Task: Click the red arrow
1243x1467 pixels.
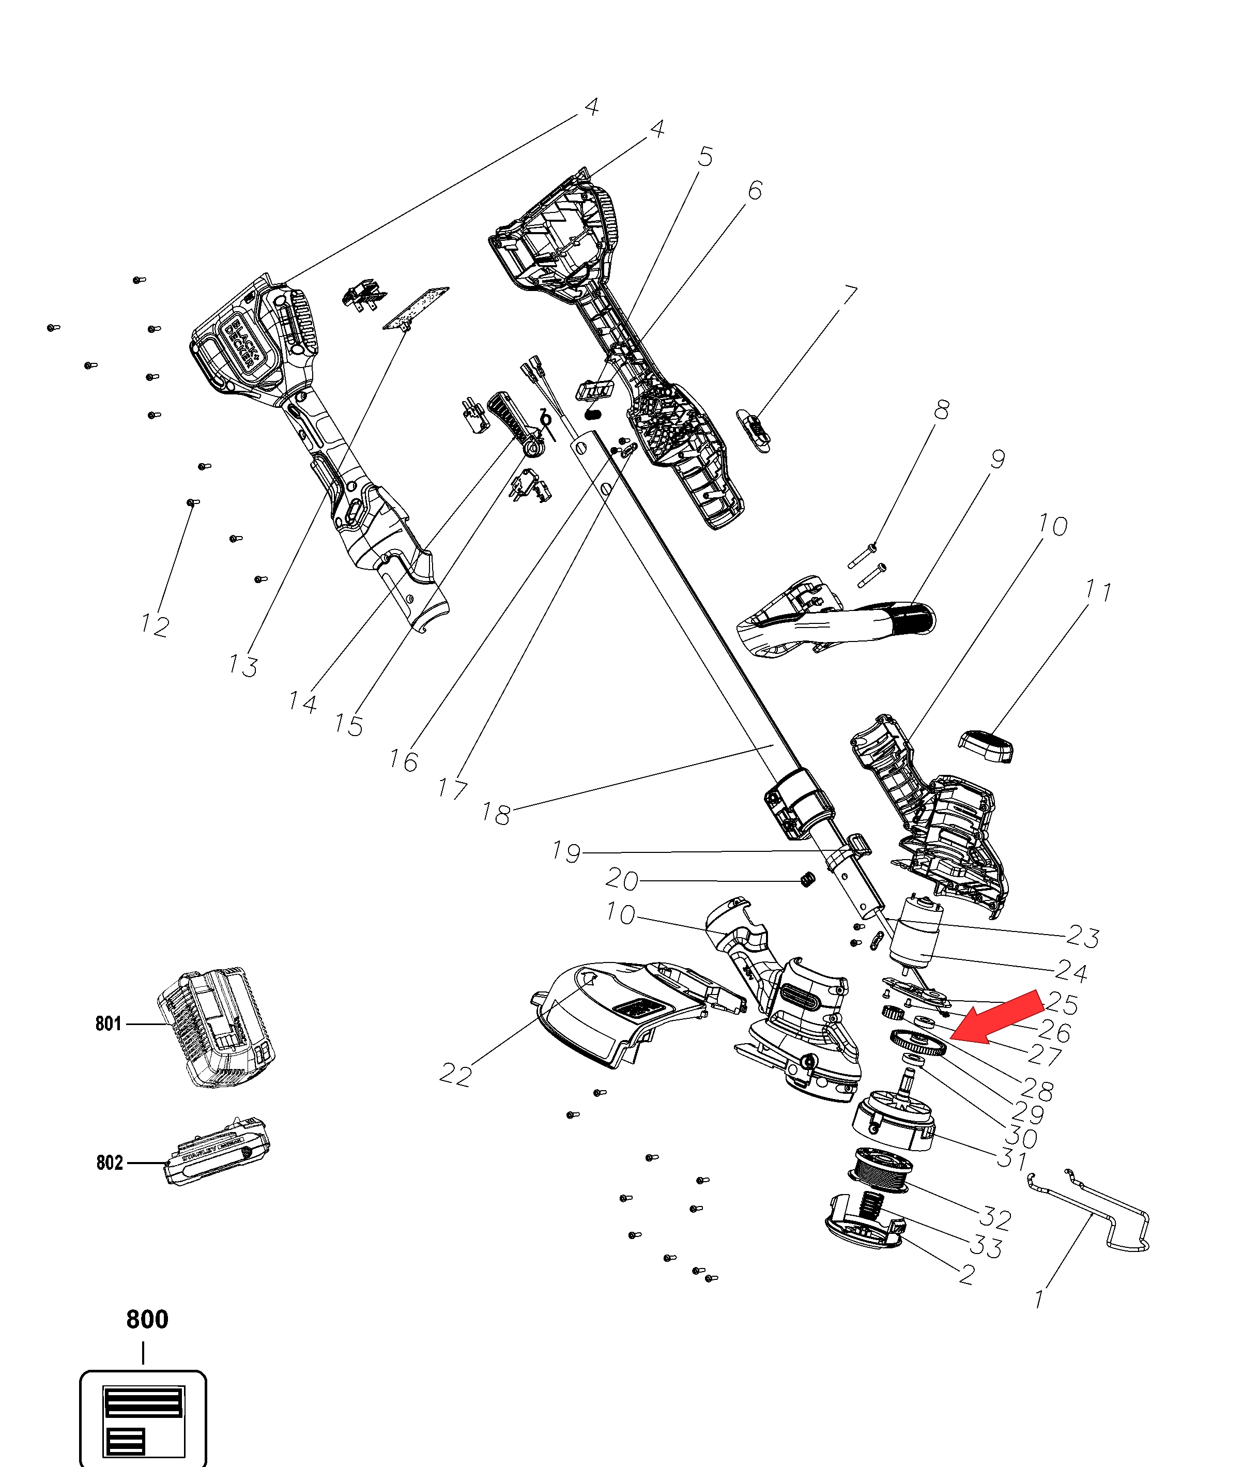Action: (995, 1016)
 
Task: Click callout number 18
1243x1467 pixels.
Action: (496, 814)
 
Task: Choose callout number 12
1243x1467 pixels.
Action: (155, 625)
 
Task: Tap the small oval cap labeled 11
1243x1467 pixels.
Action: (987, 745)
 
